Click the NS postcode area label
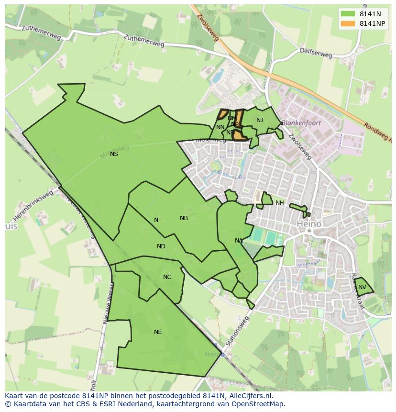(x=114, y=154)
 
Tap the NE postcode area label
(x=158, y=332)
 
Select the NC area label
(x=167, y=277)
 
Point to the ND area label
(x=161, y=246)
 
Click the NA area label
(x=239, y=241)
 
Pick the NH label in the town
(x=279, y=203)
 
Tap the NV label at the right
(x=362, y=287)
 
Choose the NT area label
(x=260, y=120)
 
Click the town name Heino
(x=309, y=224)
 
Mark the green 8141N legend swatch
(x=348, y=14)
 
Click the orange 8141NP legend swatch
(x=348, y=23)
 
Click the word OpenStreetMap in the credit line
(x=260, y=404)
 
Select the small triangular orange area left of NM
(x=222, y=114)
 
